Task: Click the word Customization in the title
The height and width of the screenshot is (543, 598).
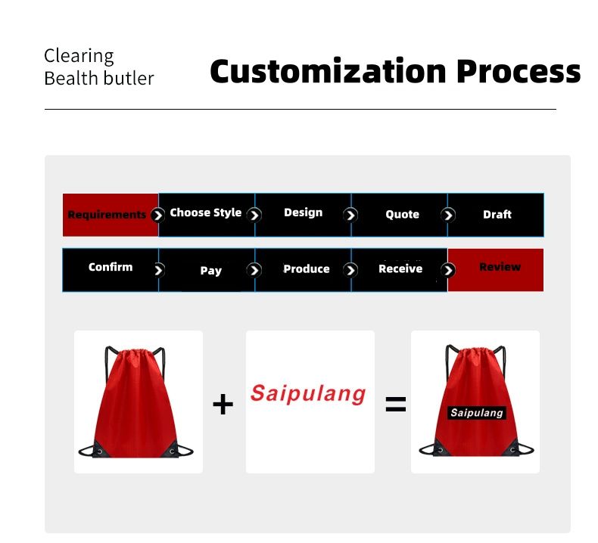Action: coord(328,72)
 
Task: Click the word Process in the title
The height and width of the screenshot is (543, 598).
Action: coord(519,72)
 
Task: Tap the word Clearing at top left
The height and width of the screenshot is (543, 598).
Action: coord(79,57)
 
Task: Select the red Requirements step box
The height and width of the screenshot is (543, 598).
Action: coord(111,215)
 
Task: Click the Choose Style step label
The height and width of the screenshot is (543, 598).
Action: coord(206,213)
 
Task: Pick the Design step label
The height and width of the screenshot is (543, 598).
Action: coord(304,213)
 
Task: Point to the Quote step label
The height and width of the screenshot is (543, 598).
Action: coord(403,215)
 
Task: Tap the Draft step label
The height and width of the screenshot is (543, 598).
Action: coord(497,215)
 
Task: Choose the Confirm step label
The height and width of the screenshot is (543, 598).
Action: coord(111,267)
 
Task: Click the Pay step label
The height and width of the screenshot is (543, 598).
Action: coord(211,271)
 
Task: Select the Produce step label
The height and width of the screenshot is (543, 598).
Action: coord(307,269)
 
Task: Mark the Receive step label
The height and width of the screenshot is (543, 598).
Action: coord(400,268)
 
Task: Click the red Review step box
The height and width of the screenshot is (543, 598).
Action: coord(495,270)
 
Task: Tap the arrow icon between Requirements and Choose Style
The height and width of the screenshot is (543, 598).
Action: coord(157,216)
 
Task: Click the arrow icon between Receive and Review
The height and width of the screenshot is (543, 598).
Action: coord(447,270)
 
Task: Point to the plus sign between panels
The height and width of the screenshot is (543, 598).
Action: coord(223,404)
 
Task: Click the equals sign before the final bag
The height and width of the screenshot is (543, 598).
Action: coord(395,405)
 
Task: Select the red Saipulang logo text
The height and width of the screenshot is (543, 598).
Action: coord(308,393)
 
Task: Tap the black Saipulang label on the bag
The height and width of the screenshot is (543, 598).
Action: coord(477,413)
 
